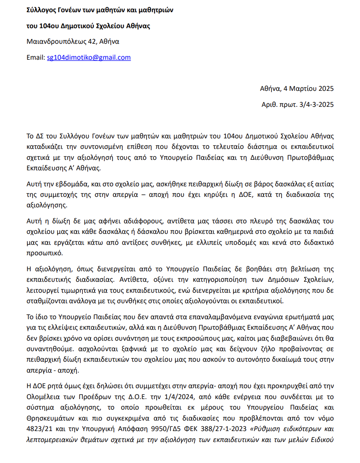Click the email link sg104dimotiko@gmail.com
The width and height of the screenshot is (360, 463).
tap(89, 58)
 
